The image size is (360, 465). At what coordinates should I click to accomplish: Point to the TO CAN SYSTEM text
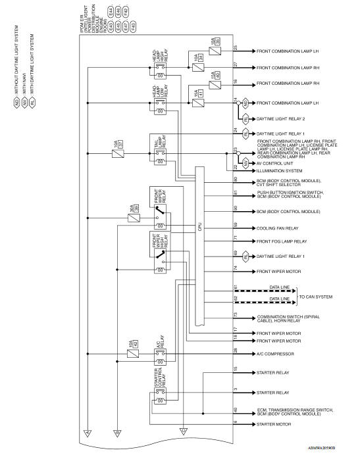pyautogui.click(x=316, y=297)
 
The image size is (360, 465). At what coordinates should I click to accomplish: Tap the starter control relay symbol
pyautogui.click(x=159, y=394)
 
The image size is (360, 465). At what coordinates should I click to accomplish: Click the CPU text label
pyautogui.click(x=199, y=227)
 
